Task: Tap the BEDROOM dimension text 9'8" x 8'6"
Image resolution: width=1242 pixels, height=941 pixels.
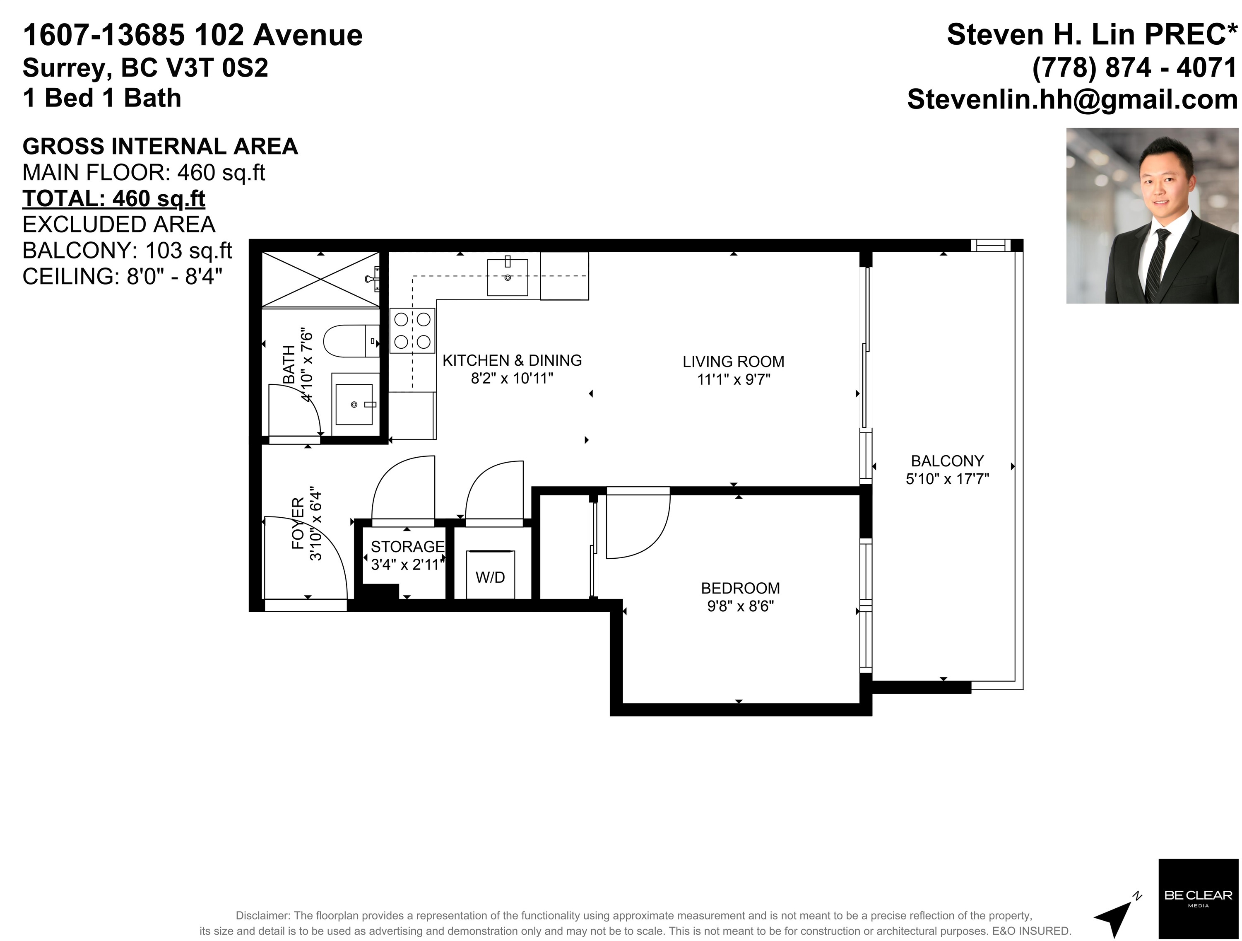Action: click(741, 606)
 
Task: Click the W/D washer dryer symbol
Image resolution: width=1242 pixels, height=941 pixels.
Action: click(490, 574)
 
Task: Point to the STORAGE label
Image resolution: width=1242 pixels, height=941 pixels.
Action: click(408, 547)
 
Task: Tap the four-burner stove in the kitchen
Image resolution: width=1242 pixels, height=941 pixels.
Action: click(413, 331)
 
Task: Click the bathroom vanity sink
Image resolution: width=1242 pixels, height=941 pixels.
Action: click(354, 404)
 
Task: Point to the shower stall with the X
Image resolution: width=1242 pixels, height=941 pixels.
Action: click(320, 279)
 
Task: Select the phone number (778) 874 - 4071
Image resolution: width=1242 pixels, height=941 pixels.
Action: click(1135, 68)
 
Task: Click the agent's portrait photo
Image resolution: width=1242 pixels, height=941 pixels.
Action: click(1152, 216)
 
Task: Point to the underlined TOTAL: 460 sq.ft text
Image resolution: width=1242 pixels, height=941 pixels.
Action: click(114, 198)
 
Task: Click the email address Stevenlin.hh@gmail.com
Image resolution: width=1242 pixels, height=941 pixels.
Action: click(1072, 99)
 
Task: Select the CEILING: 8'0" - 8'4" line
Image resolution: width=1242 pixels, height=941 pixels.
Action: click(123, 276)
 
